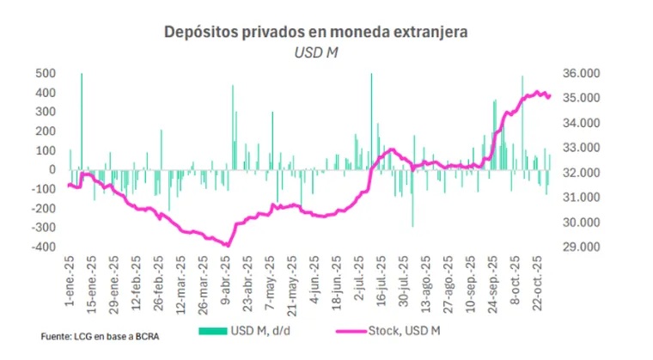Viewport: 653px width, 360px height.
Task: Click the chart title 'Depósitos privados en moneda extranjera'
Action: point(319,33)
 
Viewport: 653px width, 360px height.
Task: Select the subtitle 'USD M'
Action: point(319,52)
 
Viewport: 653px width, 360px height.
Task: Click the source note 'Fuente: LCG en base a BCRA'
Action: point(95,336)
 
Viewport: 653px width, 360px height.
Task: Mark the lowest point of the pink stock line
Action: point(228,245)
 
